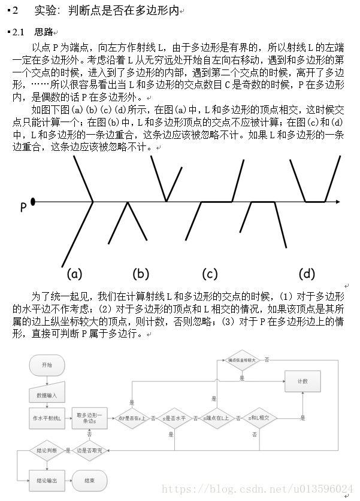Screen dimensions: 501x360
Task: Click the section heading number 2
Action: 16,10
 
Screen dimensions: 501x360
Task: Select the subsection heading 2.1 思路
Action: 33,32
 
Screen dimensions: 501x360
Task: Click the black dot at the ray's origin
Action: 32,202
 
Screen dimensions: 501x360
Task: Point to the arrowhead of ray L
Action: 338,202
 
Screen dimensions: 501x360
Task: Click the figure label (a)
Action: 74,274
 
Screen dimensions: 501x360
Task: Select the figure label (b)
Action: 141,274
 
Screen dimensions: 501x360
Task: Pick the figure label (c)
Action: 210,274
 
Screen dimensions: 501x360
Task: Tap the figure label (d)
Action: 306,274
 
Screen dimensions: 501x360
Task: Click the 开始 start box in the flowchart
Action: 47,365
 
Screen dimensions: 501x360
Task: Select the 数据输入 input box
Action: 47,393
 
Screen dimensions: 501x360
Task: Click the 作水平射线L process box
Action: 47,418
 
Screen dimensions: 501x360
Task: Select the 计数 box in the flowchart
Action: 302,381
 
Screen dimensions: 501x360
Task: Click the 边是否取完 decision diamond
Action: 93,449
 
